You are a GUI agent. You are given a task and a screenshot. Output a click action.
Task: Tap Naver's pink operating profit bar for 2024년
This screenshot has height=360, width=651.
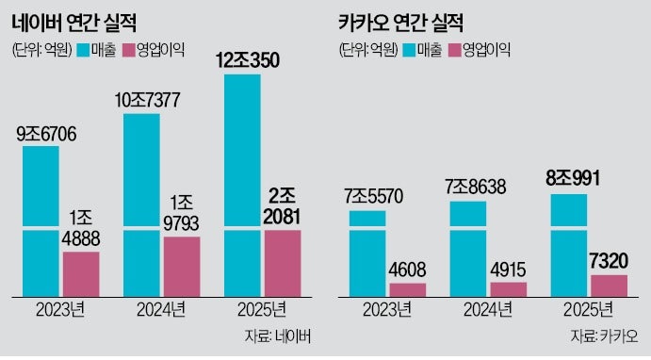[182, 265]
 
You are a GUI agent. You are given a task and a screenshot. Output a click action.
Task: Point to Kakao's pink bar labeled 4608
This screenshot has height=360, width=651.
[408, 288]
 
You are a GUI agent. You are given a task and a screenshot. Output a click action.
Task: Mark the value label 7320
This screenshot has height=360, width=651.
[609, 258]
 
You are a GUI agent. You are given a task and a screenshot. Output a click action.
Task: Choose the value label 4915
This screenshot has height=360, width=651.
[508, 266]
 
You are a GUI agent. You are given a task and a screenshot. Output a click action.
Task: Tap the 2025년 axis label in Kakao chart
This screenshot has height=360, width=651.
[588, 310]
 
